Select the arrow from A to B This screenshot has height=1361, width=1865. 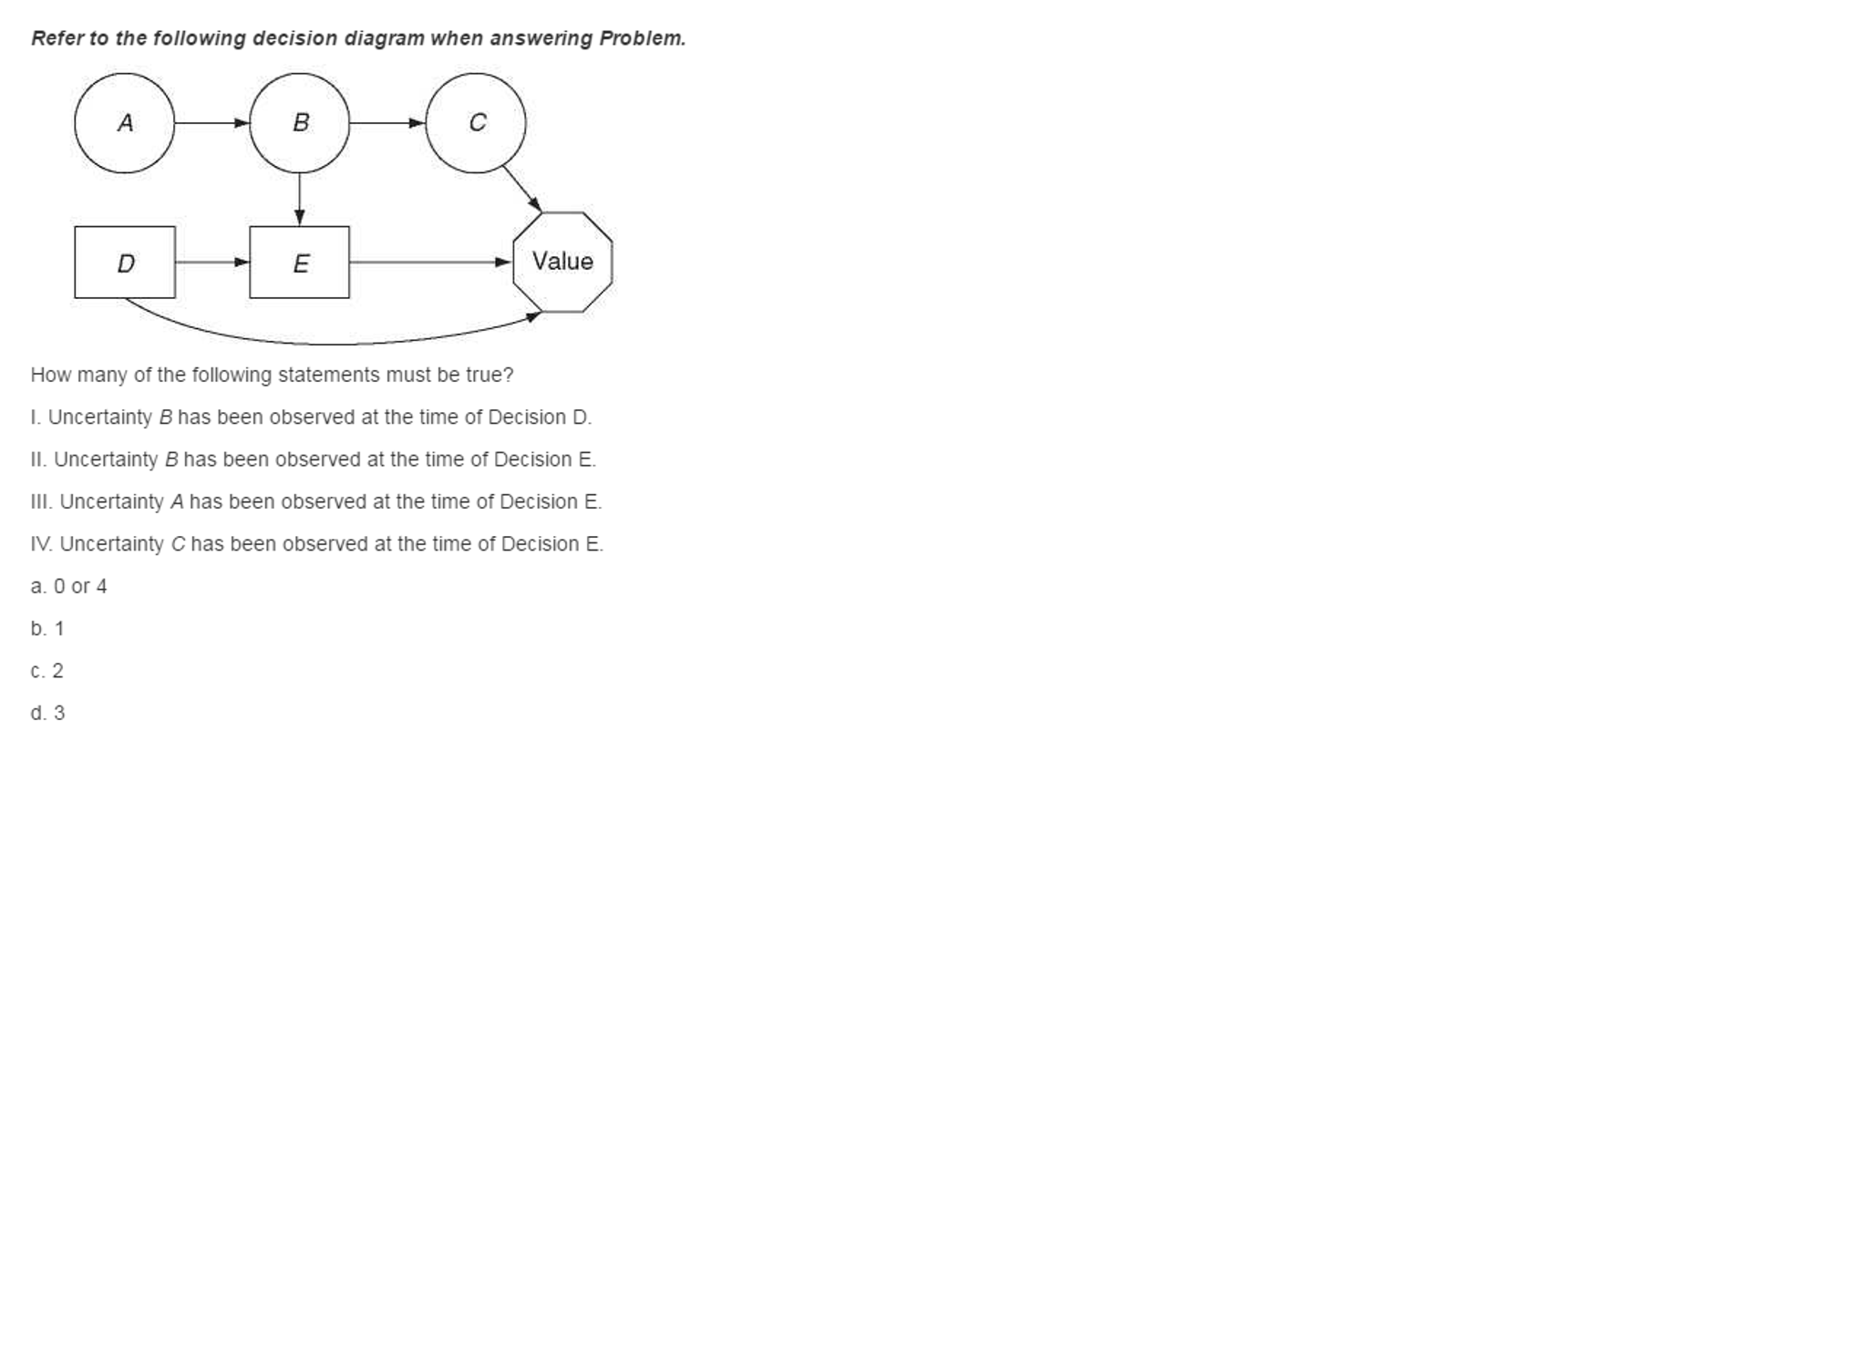pos(211,123)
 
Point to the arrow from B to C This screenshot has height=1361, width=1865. pos(387,123)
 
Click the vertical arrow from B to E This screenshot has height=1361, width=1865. pos(299,200)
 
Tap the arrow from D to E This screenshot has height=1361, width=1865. pos(212,263)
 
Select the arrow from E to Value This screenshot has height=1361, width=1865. pos(430,263)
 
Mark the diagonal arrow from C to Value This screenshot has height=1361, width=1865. pos(521,189)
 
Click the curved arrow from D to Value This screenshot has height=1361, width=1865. pos(333,345)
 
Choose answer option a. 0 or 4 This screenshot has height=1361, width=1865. pos(68,586)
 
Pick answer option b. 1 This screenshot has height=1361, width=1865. pos(47,629)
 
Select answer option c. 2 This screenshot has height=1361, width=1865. pos(47,671)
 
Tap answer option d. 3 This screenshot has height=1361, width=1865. pos(47,713)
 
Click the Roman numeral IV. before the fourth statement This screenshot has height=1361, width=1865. pos(41,544)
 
